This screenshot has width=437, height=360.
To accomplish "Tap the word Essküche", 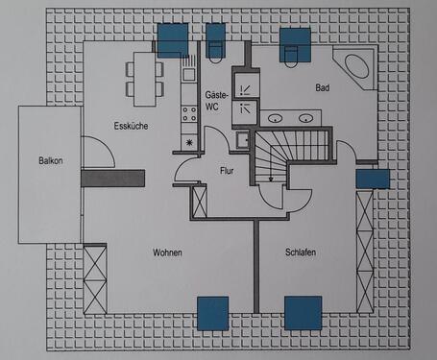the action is [130, 126].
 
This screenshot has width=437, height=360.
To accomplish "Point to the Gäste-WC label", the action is [216, 101].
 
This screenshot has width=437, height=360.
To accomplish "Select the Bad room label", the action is [323, 87].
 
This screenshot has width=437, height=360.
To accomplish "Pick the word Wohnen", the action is [167, 252].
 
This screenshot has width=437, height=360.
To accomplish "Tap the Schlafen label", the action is [301, 252].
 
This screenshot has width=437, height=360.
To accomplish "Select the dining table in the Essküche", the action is [144, 78].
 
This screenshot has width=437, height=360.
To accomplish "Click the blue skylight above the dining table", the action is [174, 40].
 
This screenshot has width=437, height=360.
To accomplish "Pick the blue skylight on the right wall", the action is [372, 179].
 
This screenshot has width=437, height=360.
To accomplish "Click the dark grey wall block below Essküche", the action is [112, 178].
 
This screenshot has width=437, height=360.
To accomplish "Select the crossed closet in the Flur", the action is [200, 201].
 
